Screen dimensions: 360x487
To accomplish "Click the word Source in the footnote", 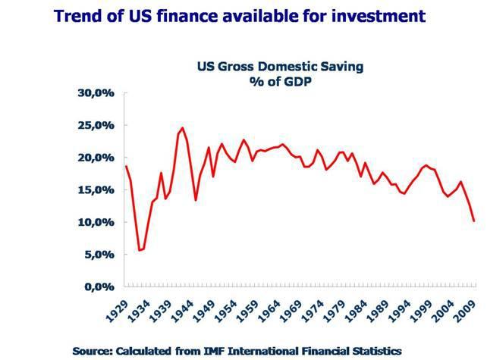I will [x=96, y=350].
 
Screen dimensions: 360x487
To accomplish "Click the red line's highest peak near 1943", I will [x=182, y=128].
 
